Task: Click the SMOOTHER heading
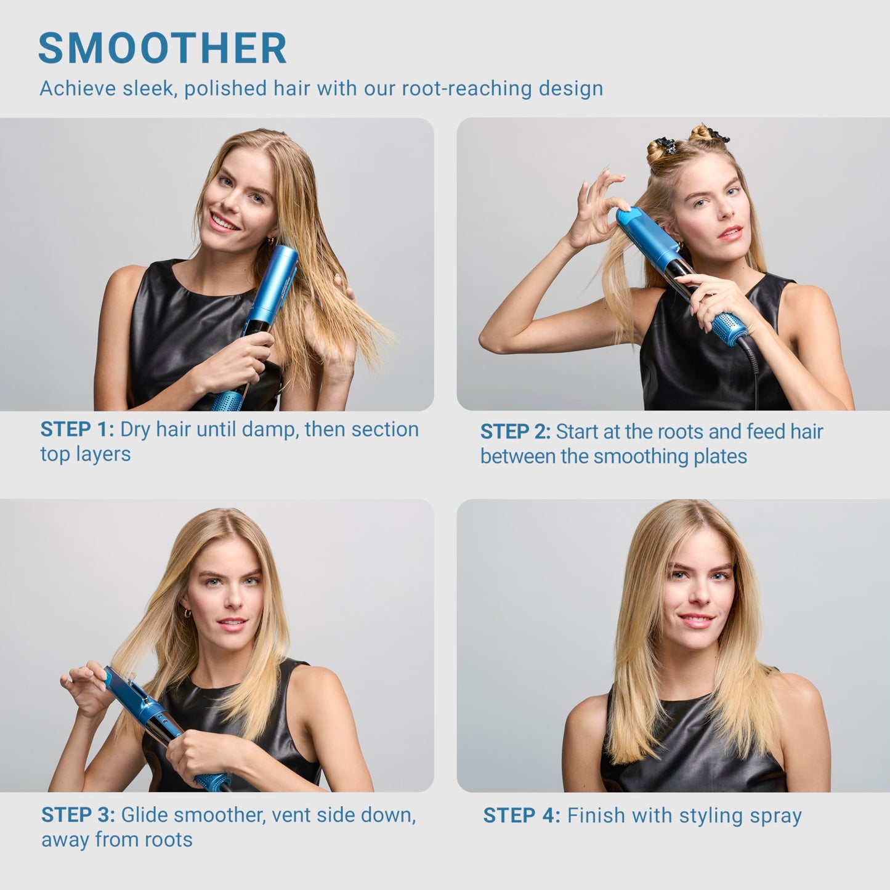[x=163, y=48]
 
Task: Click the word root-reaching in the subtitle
[x=466, y=89]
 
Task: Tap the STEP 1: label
[x=77, y=429]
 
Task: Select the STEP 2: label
[x=515, y=432]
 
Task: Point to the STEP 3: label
[x=78, y=815]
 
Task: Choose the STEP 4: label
[x=521, y=815]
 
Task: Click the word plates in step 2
[x=719, y=457]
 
